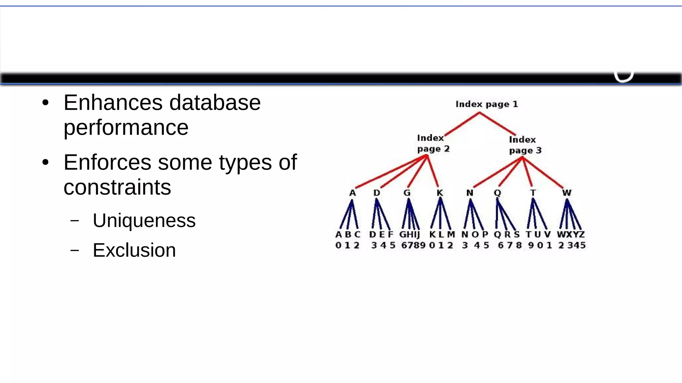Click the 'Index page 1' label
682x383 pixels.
(x=487, y=104)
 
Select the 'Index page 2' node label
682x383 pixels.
(x=433, y=143)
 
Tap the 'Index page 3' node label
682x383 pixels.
(x=525, y=145)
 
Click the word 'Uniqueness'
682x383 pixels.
(x=144, y=220)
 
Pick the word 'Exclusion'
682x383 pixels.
(x=134, y=250)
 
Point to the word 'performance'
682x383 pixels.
(x=126, y=127)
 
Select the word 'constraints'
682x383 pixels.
(x=117, y=187)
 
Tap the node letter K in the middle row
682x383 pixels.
(x=440, y=193)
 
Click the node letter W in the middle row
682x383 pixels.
(x=566, y=193)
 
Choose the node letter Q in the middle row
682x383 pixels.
(x=497, y=193)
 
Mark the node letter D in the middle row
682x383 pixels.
(x=376, y=193)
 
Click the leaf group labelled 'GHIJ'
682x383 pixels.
(x=409, y=234)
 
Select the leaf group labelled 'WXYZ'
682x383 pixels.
(x=570, y=234)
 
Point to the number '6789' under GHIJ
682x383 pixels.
(x=413, y=245)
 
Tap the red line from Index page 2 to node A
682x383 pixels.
(x=390, y=172)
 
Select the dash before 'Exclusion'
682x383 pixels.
(x=75, y=250)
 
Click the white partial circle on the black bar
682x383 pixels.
(x=623, y=78)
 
